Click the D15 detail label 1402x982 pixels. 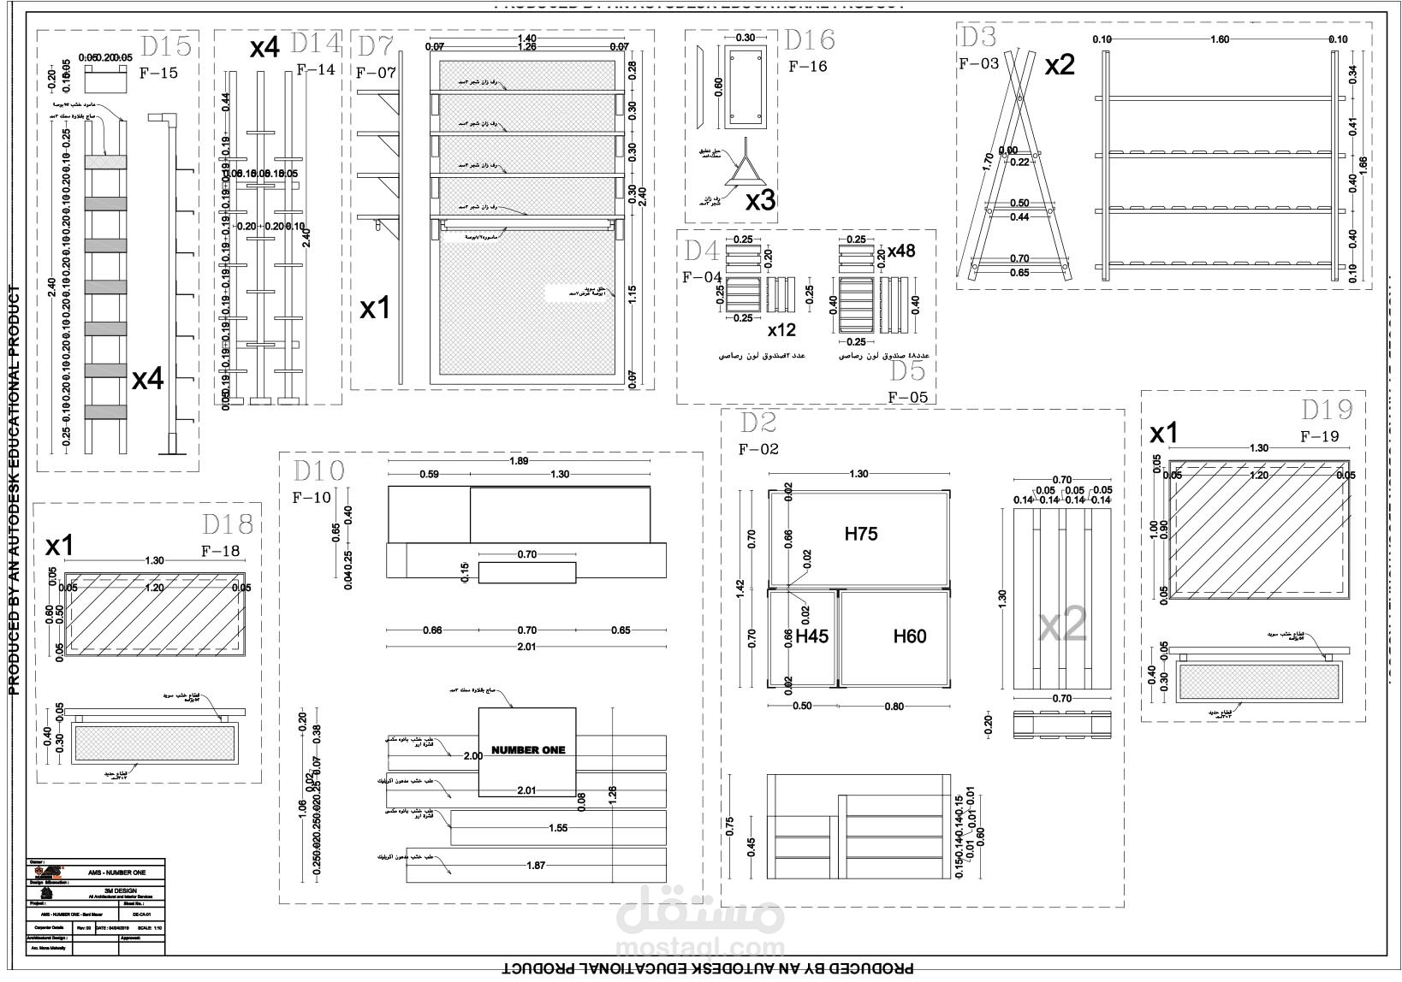(166, 46)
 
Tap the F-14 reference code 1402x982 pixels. (316, 70)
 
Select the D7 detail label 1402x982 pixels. (375, 46)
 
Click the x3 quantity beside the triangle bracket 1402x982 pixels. (760, 200)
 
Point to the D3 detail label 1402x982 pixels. (977, 38)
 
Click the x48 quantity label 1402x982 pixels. (900, 251)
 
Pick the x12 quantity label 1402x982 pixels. (781, 330)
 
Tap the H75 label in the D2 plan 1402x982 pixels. (860, 534)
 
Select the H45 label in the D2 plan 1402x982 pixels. (811, 636)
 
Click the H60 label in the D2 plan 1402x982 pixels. (910, 636)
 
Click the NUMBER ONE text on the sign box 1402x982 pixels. (528, 750)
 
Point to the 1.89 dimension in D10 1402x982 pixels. (519, 461)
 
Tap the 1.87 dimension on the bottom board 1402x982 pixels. (536, 866)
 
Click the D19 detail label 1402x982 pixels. (1327, 410)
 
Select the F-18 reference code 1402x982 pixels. (221, 551)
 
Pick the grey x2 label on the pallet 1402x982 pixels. (1063, 628)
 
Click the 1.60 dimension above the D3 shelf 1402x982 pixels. (1220, 39)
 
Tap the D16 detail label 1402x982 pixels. (810, 40)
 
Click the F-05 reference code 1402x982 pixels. (907, 397)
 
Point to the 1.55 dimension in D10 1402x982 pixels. (556, 828)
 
